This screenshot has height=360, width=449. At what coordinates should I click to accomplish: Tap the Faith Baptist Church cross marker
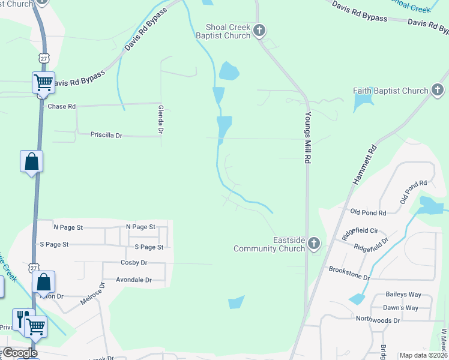(437, 91)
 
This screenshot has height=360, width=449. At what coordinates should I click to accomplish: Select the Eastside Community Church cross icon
(313, 244)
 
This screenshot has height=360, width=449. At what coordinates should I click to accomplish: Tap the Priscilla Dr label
(106, 136)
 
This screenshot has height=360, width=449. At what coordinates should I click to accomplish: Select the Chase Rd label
(61, 106)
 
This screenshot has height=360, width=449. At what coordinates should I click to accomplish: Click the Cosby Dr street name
(134, 262)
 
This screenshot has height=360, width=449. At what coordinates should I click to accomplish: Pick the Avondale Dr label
(134, 280)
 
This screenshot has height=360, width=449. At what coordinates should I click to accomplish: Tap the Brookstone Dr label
(349, 269)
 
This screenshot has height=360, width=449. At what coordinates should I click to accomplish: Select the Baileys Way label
(403, 295)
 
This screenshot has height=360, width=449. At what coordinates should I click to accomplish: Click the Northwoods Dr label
(378, 320)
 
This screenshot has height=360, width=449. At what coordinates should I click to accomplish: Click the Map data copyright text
(423, 355)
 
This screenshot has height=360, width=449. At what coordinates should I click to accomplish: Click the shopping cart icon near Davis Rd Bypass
(43, 82)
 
